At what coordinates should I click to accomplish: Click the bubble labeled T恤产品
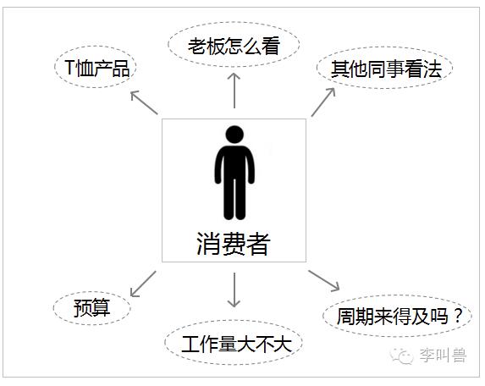pyautogui.click(x=96, y=67)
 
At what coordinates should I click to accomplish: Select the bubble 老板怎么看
pyautogui.click(x=234, y=45)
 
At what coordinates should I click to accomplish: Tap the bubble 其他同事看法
pyautogui.click(x=384, y=68)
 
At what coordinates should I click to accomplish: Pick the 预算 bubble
pyautogui.click(x=92, y=308)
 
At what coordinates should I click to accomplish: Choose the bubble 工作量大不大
pyautogui.click(x=234, y=343)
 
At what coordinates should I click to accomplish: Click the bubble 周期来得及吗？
pyautogui.click(x=397, y=316)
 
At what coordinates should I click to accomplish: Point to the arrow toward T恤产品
pyautogui.click(x=144, y=102)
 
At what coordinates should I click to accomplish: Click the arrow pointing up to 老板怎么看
pyautogui.click(x=234, y=91)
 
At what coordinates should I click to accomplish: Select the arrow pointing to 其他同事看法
pyautogui.click(x=323, y=102)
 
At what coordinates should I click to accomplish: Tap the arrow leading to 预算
pyautogui.click(x=143, y=284)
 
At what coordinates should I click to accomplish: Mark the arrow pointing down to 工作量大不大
pyautogui.click(x=234, y=289)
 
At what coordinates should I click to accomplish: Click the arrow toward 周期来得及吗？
pyautogui.click(x=324, y=281)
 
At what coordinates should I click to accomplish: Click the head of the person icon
pyautogui.click(x=234, y=135)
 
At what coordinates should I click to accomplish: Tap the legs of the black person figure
pyautogui.click(x=234, y=198)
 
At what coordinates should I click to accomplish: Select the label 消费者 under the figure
pyautogui.click(x=234, y=244)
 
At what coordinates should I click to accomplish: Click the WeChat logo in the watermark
pyautogui.click(x=402, y=356)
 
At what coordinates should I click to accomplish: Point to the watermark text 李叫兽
pyautogui.click(x=443, y=355)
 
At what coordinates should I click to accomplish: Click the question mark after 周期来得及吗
pyautogui.click(x=457, y=316)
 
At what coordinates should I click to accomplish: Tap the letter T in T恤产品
pyautogui.click(x=69, y=68)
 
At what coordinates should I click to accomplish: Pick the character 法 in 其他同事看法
pyautogui.click(x=433, y=69)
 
